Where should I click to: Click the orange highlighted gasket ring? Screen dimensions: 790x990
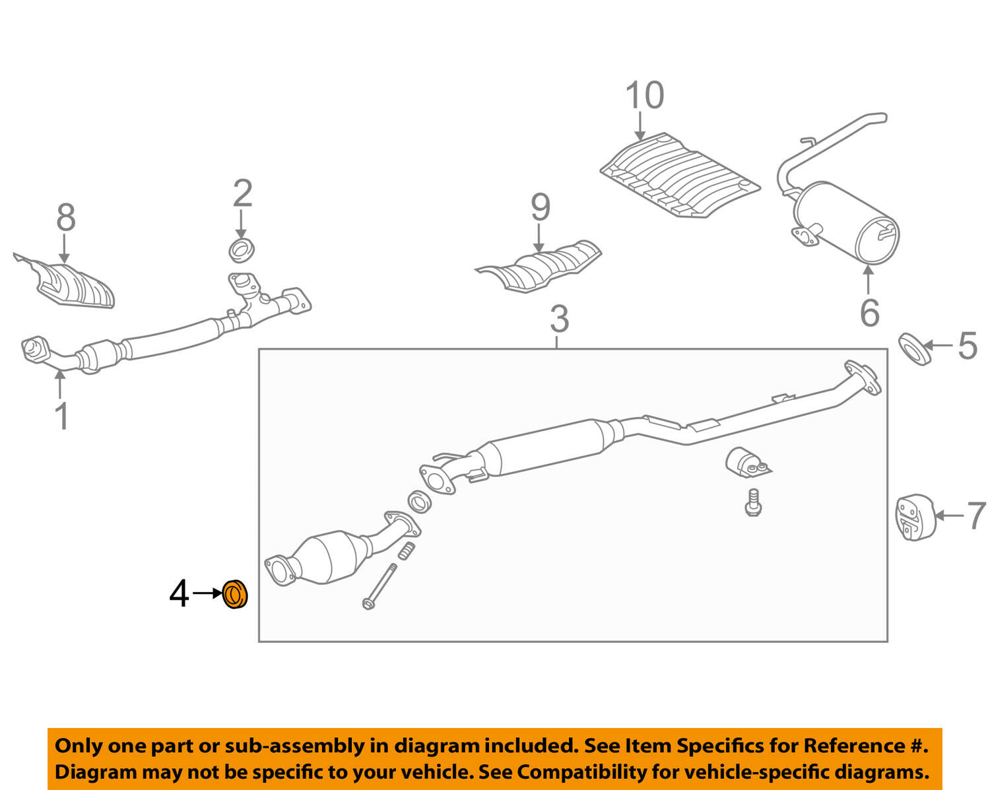tap(234, 595)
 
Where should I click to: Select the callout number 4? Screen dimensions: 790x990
tap(179, 594)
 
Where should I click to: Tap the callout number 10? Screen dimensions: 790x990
tap(644, 96)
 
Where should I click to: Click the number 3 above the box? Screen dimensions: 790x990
tap(559, 319)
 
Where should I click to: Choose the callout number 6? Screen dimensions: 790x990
tap(869, 312)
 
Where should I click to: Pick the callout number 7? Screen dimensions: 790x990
tap(976, 516)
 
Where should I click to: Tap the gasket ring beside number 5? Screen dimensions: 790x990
tap(914, 348)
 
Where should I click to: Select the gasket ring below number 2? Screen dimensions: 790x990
tap(242, 251)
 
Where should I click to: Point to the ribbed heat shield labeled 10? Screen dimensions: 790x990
tap(680, 175)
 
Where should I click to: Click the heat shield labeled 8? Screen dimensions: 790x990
tap(73, 284)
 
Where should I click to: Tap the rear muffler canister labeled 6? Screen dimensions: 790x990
tap(848, 221)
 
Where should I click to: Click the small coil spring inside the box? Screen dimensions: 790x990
tap(407, 551)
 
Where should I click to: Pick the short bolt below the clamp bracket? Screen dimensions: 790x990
tap(753, 502)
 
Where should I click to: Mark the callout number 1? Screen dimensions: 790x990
tap(62, 416)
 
